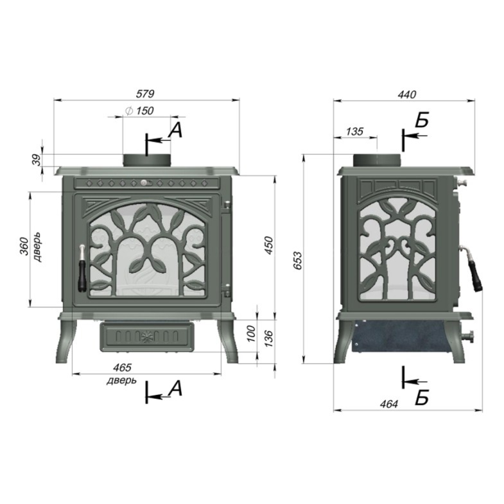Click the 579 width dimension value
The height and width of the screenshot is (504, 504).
point(145,94)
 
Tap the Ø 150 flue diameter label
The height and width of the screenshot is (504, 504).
point(139,111)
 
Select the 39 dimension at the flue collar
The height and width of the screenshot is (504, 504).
point(38,160)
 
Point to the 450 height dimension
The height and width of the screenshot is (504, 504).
point(269,245)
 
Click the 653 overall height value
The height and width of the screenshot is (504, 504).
point(298,261)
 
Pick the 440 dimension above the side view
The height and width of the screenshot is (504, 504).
point(406,94)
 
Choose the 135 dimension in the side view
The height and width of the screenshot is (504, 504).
point(354,131)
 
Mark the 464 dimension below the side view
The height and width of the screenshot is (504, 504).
point(389,404)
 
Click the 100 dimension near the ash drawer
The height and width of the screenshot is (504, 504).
point(251,333)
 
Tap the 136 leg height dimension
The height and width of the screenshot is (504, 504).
point(269,338)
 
